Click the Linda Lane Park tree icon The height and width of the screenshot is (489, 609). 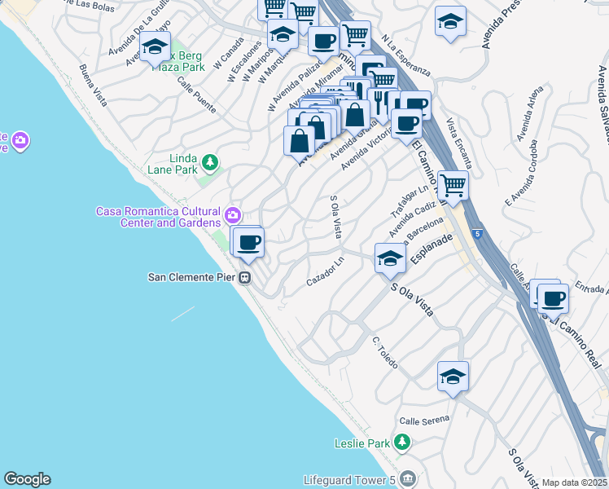click(210, 163)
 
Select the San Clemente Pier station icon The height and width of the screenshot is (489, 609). click(243, 277)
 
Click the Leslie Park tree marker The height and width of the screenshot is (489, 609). click(400, 443)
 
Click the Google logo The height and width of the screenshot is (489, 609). click(27, 479)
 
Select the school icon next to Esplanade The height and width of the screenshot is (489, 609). click(390, 259)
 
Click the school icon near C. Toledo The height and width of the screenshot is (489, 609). click(453, 377)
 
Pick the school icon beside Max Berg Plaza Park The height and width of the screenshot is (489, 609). click(154, 47)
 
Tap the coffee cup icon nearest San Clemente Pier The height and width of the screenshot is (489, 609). click(249, 242)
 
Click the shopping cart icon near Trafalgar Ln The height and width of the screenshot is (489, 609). click(453, 185)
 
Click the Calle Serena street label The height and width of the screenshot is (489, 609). click(424, 421)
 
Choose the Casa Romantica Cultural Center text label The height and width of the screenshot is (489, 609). click(159, 217)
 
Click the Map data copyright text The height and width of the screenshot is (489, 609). click(575, 482)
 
